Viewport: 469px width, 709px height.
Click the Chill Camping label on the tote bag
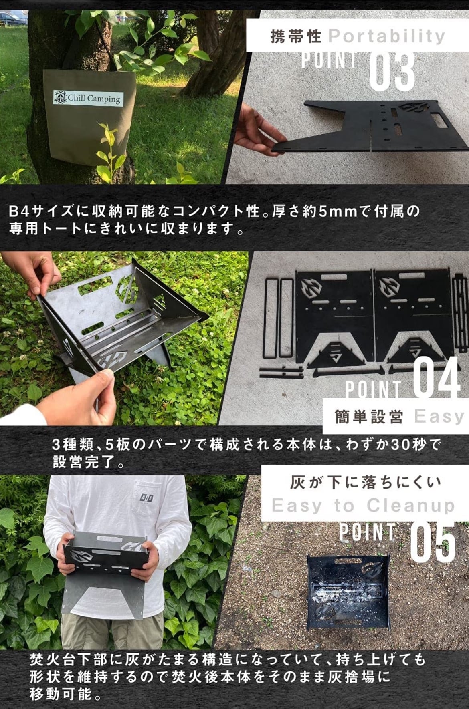click(88, 98)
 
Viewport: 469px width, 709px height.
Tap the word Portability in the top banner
click(386, 36)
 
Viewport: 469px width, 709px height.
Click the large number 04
click(437, 378)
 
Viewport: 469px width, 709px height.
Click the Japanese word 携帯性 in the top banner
click(296, 36)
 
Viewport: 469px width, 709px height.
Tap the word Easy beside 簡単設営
click(439, 417)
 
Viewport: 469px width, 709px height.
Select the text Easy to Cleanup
click(363, 506)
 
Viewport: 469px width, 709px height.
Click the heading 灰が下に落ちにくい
click(365, 483)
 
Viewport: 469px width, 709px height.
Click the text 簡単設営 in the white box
click(369, 417)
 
